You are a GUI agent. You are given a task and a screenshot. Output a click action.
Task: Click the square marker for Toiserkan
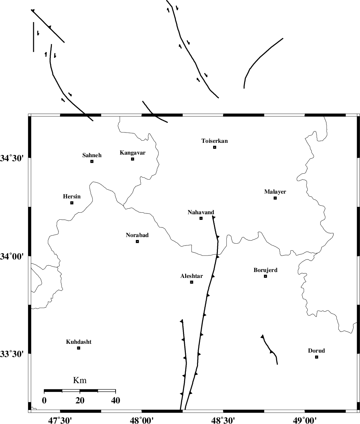[215, 147]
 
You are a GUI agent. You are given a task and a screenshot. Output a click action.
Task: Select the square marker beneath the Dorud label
[317, 357]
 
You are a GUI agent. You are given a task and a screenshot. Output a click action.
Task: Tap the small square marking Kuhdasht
[78, 348]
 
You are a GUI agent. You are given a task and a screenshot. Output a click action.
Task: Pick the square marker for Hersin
[72, 203]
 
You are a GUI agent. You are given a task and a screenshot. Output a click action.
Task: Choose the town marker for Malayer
[275, 198]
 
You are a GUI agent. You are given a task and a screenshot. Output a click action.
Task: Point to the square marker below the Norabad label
[137, 241]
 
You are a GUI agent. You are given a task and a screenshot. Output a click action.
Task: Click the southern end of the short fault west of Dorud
[277, 364]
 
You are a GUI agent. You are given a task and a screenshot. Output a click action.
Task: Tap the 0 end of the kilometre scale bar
[44, 391]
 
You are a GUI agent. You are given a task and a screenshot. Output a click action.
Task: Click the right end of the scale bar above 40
[116, 391]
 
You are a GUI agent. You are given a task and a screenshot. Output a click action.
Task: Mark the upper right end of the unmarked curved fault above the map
[283, 38]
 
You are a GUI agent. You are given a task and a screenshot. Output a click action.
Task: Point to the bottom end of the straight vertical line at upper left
[33, 52]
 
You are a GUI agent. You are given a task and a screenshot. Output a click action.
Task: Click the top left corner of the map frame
[28, 114]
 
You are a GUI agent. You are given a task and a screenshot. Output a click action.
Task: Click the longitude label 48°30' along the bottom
[223, 420]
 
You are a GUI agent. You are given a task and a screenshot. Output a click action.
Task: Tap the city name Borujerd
[265, 270]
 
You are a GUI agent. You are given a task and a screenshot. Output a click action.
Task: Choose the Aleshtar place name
[191, 276]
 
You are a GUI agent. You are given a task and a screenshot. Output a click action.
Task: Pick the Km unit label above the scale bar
[80, 381]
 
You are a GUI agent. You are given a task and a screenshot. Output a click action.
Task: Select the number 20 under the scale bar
[80, 400]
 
